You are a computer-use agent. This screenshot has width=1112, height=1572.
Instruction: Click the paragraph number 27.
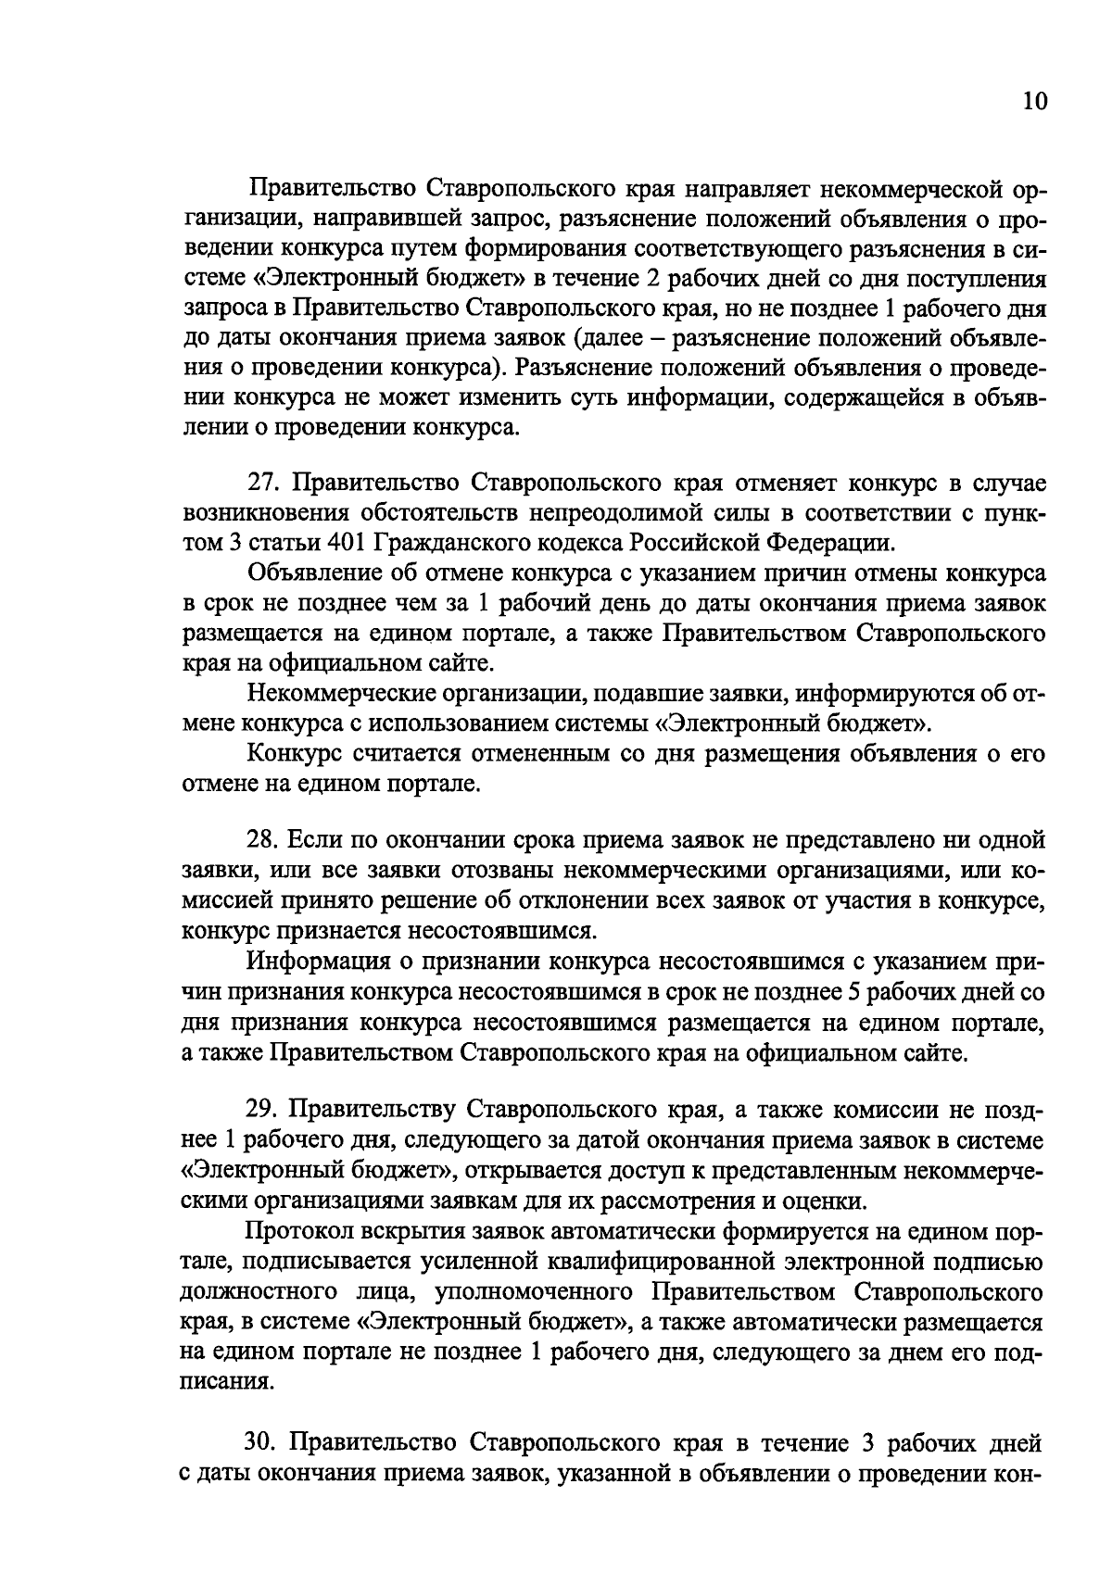pyautogui.click(x=262, y=484)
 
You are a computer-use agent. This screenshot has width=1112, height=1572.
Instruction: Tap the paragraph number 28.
pyautogui.click(x=262, y=840)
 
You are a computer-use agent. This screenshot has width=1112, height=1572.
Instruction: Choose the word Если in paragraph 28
pyautogui.click(x=313, y=840)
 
